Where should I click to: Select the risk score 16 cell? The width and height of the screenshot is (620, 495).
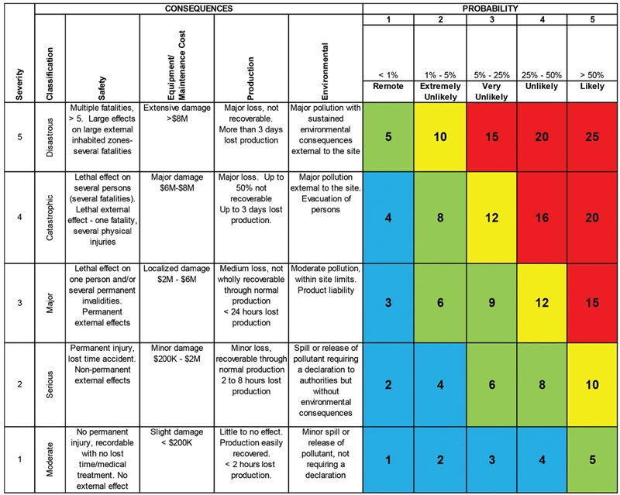pos(542,218)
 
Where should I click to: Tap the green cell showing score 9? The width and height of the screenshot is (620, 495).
pos(491,302)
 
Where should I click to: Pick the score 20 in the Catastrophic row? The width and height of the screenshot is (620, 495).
pos(592,218)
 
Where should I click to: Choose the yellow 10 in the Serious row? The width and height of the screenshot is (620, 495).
pos(592,383)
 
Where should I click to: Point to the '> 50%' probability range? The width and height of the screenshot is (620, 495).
pos(592,74)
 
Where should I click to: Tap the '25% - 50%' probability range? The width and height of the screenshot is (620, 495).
pos(542,74)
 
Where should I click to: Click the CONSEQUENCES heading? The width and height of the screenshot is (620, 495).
pos(199,7)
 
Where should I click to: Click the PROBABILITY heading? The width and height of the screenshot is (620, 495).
pos(491,7)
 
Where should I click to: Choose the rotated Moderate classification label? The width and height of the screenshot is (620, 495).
pos(49,459)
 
